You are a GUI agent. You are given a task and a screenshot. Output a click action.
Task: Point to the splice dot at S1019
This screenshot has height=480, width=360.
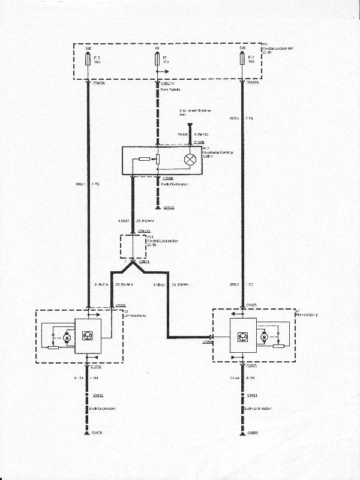(89, 396)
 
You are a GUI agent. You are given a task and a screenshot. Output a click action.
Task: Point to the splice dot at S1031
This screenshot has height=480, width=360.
(242, 396)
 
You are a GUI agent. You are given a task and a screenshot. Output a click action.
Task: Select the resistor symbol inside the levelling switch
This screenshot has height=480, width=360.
(145, 160)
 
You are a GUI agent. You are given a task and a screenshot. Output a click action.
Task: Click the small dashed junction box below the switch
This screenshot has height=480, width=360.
(133, 245)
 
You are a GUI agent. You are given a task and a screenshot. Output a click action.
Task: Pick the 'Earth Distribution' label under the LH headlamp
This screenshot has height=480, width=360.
(103, 409)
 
